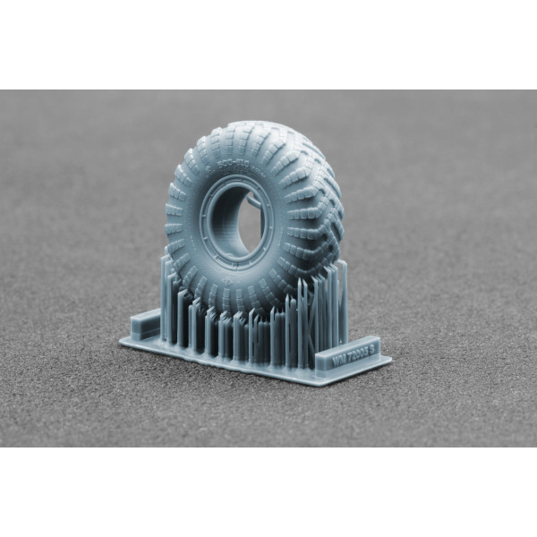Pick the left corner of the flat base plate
pos(122,341)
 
